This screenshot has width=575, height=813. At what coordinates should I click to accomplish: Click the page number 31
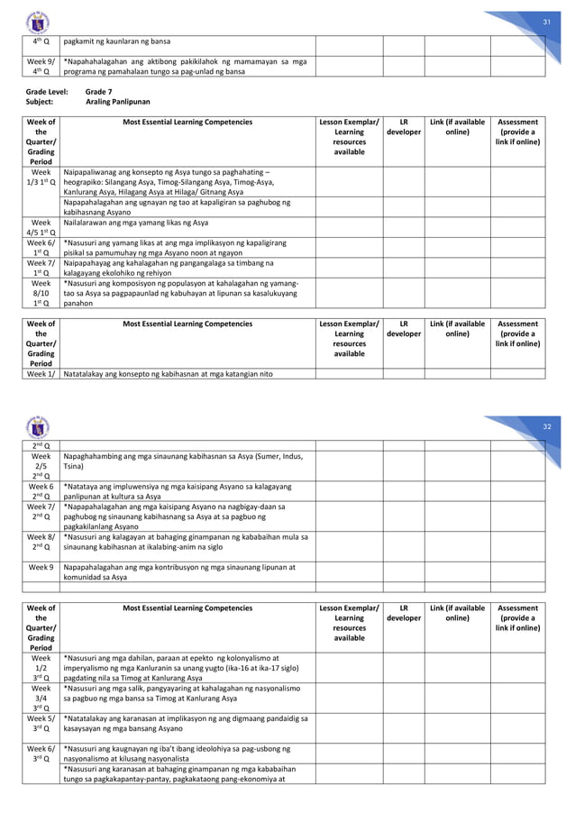pyautogui.click(x=544, y=22)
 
